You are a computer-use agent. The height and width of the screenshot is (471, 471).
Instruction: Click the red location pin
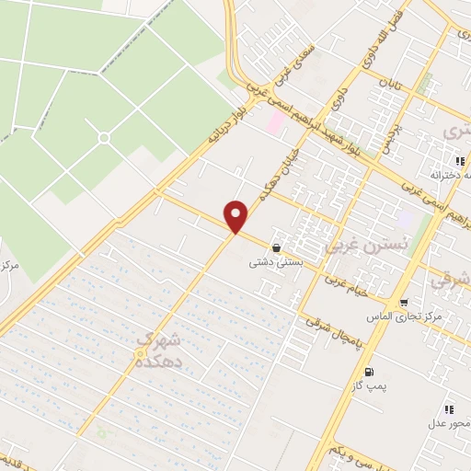[x=237, y=216]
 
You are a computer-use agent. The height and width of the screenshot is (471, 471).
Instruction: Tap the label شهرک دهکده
[x=160, y=351]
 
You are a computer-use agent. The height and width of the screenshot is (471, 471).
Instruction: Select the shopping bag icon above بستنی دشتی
[x=277, y=247]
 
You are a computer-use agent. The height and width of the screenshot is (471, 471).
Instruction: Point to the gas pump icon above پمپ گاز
[x=370, y=372]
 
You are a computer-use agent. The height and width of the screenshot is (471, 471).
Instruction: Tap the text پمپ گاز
[x=370, y=386]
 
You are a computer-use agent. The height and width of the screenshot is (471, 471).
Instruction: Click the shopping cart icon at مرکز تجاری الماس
[x=404, y=304]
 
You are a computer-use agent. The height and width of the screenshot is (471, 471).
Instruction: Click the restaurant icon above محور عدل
[x=448, y=408]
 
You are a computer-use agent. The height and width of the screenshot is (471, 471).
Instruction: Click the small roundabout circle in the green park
[x=104, y=138]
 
